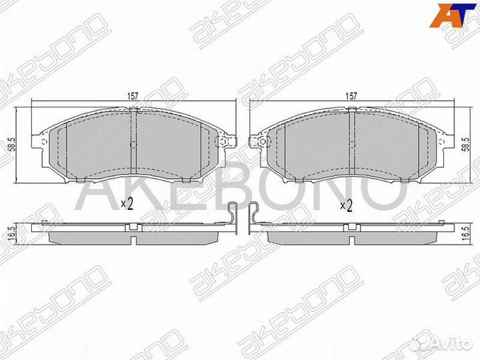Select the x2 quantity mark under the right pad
(346, 205)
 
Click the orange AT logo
(446, 16)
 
